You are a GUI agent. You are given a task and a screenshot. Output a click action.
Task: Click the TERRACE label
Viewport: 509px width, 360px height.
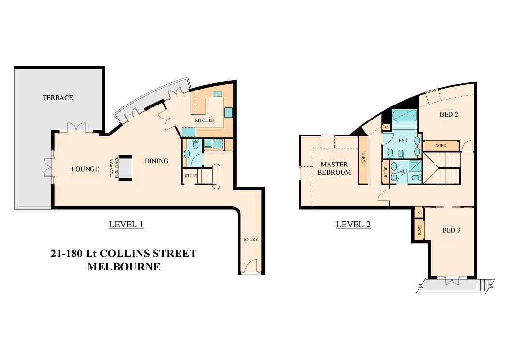(58, 98)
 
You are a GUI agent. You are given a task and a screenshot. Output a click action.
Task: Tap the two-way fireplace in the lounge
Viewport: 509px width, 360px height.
(125, 168)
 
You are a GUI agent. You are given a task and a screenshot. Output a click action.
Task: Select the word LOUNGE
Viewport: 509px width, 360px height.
(85, 169)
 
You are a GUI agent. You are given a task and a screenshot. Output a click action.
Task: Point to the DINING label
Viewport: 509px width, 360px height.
(156, 161)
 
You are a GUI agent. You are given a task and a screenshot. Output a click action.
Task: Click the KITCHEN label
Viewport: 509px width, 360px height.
(204, 120)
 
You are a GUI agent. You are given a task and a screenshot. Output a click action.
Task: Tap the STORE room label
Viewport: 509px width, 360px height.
(191, 176)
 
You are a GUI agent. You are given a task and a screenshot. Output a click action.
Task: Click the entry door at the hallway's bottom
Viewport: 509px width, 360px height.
(251, 268)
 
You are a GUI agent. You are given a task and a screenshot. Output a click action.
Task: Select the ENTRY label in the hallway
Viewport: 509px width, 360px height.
(251, 239)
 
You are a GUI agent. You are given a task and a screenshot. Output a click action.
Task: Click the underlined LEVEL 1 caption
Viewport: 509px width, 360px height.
(126, 224)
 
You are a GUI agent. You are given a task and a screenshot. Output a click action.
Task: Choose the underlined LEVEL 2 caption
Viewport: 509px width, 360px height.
(353, 224)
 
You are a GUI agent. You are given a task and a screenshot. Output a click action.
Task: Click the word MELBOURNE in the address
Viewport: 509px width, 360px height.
(123, 267)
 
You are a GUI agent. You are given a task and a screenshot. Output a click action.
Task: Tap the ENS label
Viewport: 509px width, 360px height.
(403, 141)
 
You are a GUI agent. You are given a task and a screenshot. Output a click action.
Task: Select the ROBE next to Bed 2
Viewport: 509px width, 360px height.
(440, 145)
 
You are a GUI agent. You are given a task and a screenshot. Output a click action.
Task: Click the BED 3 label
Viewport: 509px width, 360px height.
(451, 230)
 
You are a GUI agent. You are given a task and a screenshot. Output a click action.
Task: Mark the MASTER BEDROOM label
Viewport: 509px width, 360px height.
(334, 168)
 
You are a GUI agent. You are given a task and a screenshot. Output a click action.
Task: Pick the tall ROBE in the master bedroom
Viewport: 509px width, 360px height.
(363, 160)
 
